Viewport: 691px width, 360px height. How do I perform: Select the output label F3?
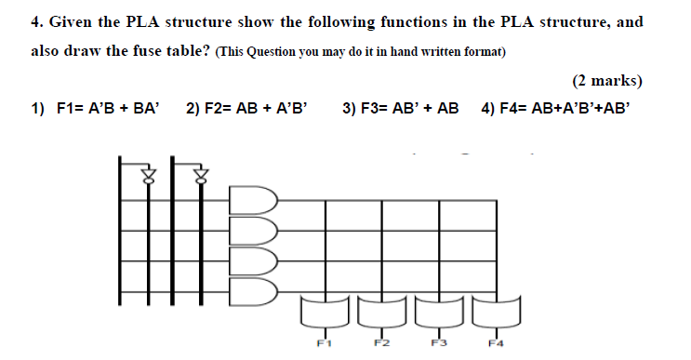click(x=438, y=343)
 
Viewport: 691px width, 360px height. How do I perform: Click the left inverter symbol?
click(x=146, y=175)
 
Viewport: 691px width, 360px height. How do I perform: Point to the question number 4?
click(x=36, y=21)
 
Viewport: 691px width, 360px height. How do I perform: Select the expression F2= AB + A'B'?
click(x=246, y=109)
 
